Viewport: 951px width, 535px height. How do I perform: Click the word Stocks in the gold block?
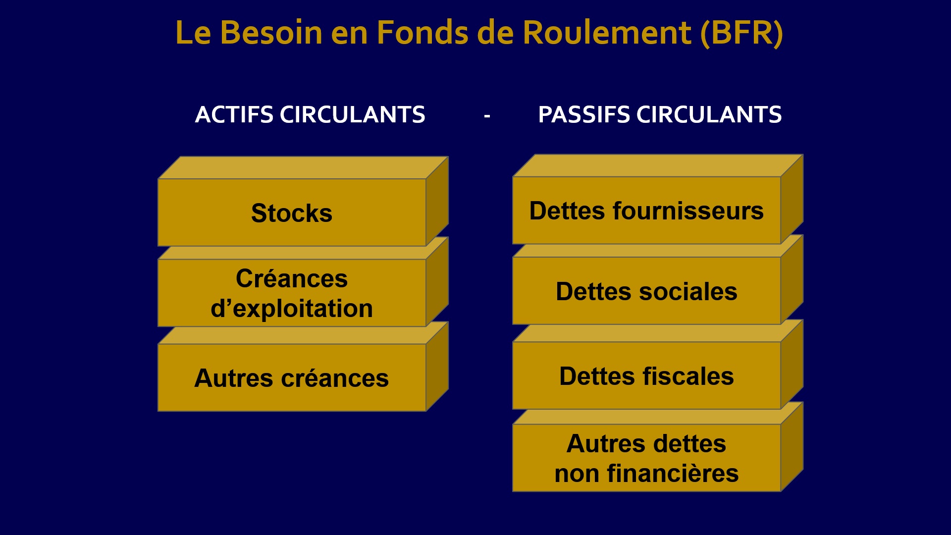[x=291, y=213]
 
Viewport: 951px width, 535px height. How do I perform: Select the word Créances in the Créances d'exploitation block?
[x=291, y=278]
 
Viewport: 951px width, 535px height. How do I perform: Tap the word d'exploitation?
[x=291, y=309]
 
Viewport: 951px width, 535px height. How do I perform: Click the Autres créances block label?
[x=291, y=378]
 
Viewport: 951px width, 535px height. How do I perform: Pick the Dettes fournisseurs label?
[x=646, y=211]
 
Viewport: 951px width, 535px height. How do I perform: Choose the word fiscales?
[x=689, y=376]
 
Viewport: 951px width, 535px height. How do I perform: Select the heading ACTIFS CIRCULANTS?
[x=310, y=115]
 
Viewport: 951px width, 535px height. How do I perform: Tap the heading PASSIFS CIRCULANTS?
[x=660, y=115]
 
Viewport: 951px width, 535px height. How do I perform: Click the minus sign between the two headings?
[x=487, y=116]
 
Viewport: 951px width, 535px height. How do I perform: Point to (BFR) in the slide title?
[x=741, y=33]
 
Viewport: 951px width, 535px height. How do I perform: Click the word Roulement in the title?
[x=607, y=33]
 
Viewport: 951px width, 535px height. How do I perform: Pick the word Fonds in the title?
[x=422, y=33]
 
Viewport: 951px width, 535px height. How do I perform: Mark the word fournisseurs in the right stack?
[x=688, y=211]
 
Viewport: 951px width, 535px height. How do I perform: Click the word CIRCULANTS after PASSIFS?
[x=709, y=115]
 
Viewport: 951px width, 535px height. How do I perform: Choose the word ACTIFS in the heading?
[x=234, y=115]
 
